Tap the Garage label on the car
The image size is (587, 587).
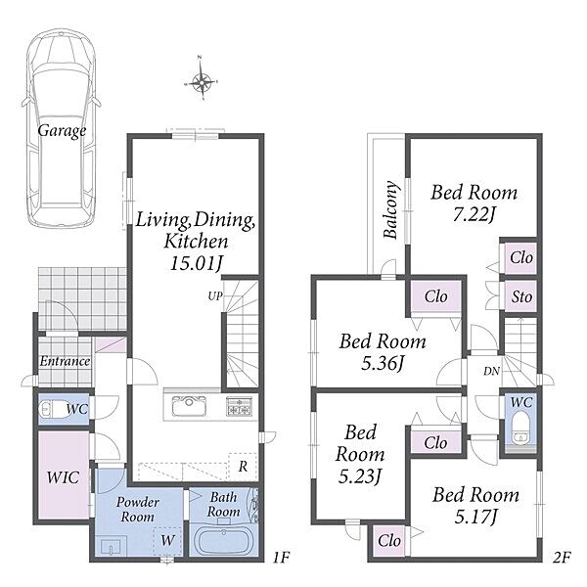click(x=62, y=131)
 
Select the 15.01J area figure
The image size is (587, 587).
click(x=196, y=263)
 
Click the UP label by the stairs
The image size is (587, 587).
click(x=215, y=296)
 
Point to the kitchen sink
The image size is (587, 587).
click(x=189, y=406)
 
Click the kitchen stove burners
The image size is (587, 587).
click(x=239, y=406)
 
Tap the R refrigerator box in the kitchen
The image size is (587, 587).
click(x=243, y=467)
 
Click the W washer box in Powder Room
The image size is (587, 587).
click(x=167, y=540)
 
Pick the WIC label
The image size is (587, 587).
click(x=63, y=477)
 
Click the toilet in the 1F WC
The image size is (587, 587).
click(x=54, y=410)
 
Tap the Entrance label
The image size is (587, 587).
click(x=65, y=361)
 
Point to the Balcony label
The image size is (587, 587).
click(x=390, y=209)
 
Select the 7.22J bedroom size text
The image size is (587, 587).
click(x=474, y=215)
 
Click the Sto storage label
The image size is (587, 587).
click(x=521, y=297)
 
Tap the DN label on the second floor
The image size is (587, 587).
click(x=491, y=371)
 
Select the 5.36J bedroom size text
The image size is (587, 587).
click(x=383, y=363)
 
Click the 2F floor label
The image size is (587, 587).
click(x=562, y=559)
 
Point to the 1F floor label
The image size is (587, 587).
click(x=281, y=559)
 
